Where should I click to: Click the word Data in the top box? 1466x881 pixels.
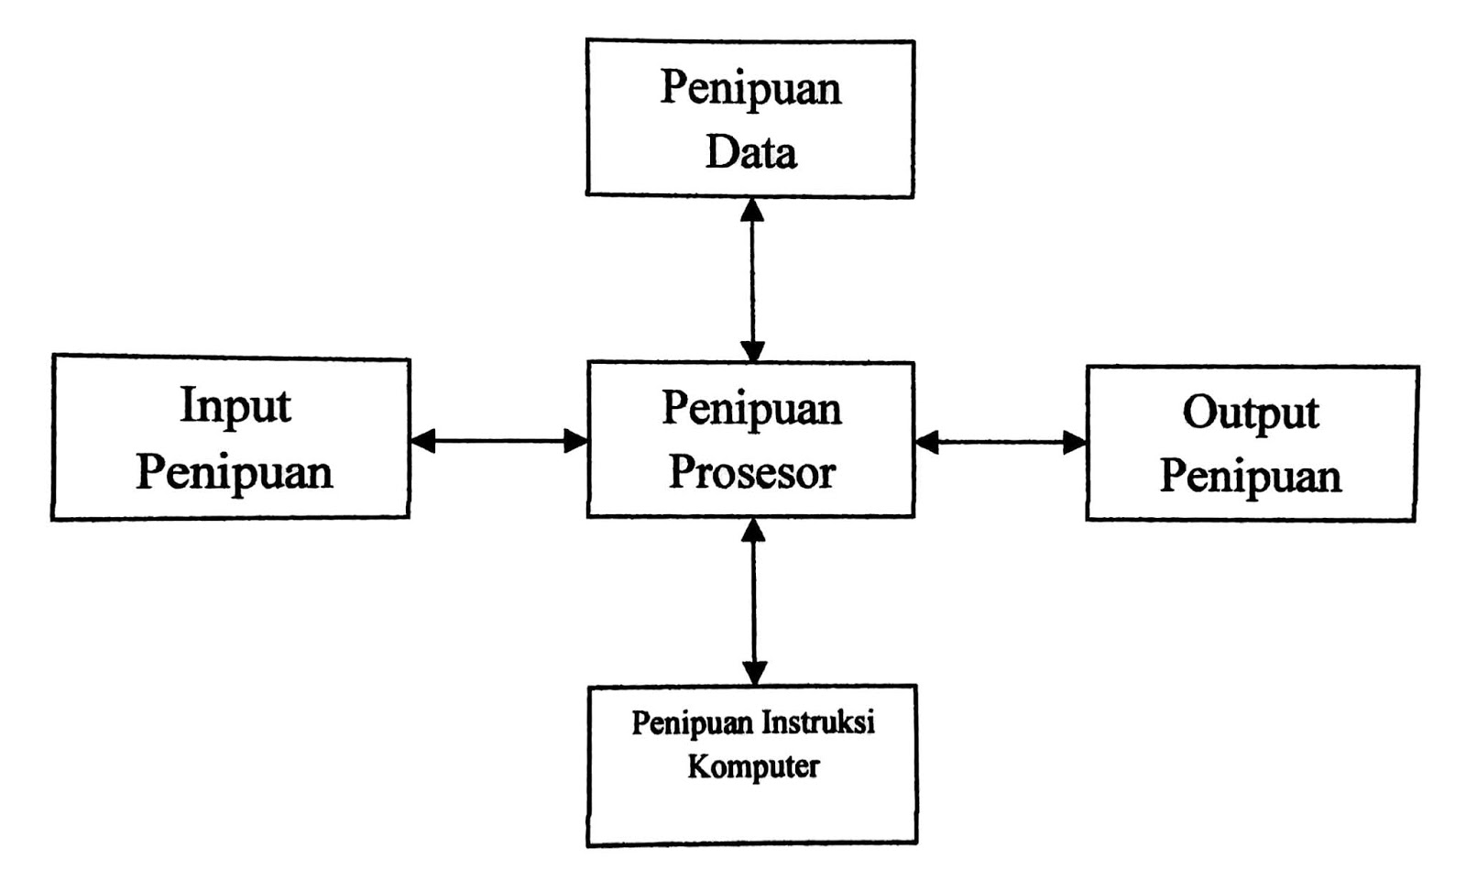tap(750, 152)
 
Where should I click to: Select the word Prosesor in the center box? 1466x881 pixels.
tap(751, 473)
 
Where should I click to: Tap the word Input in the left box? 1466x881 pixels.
tap(235, 406)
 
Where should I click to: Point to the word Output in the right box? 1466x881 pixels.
tap(1250, 413)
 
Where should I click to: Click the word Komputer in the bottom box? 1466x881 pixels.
tap(753, 765)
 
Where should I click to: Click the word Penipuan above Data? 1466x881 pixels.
tap(750, 88)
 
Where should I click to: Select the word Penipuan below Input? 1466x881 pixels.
tap(234, 473)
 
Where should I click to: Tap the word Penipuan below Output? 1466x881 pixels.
tap(1251, 477)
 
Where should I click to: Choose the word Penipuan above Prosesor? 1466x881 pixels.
tap(751, 408)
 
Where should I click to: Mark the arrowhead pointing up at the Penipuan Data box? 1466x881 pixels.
tap(752, 210)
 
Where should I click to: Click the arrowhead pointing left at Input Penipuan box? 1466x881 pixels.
tap(423, 441)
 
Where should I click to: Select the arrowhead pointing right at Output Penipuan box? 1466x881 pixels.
tap(1074, 443)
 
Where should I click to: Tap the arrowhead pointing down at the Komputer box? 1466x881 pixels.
tap(754, 673)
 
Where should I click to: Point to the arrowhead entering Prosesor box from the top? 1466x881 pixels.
tap(752, 350)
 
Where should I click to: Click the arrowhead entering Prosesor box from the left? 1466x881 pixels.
tap(574, 441)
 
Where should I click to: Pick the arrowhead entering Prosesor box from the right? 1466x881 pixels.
tap(927, 443)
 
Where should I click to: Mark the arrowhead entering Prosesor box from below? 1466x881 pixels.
tap(753, 530)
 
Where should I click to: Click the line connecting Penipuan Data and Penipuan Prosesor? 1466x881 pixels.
tap(752, 280)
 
